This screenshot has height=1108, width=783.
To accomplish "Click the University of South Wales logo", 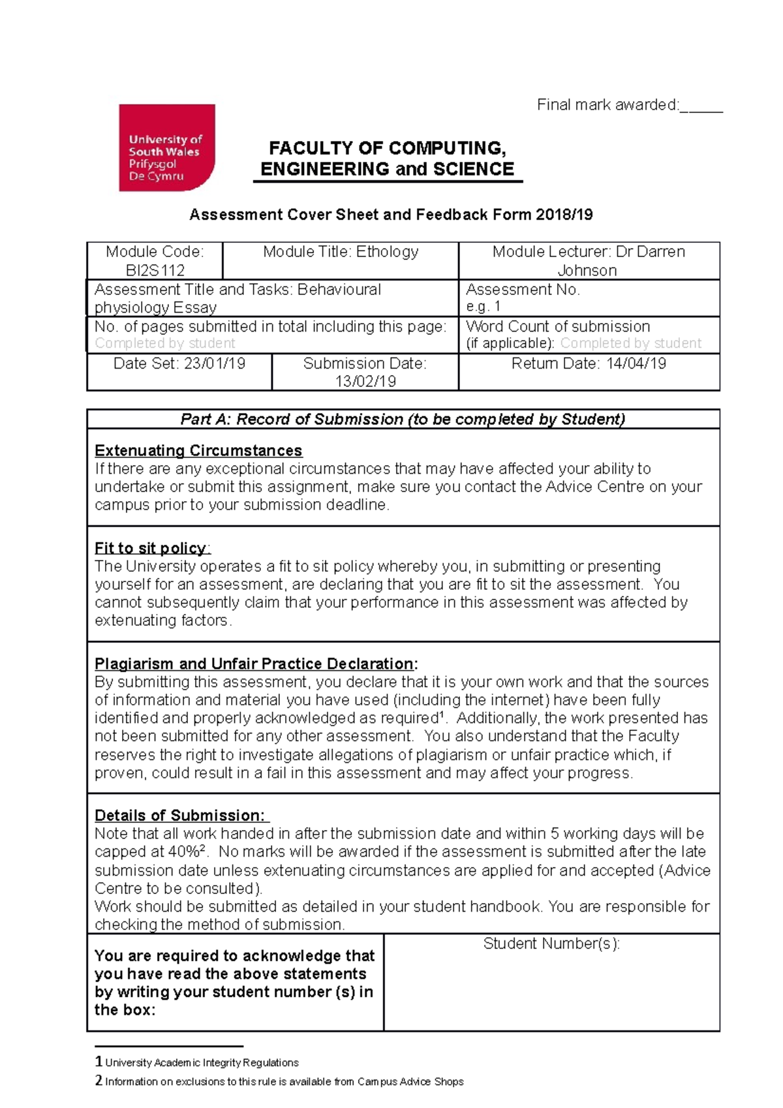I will pos(166,147).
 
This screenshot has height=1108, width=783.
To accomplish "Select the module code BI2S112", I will pos(155,270).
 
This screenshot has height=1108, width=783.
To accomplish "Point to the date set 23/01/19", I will pos(215,363).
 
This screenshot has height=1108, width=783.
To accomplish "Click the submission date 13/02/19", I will pos(365,382).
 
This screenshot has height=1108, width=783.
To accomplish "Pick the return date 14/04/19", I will pos(636,363).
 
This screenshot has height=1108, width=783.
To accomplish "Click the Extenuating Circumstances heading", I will pos(198,450).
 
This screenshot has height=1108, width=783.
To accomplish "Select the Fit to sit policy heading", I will pos(151,548).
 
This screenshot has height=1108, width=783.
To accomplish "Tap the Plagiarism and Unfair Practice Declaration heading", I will pos(254,664).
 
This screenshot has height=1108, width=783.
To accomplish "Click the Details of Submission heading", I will pos(179,815).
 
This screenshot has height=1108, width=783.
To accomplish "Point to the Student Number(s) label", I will pos(551,944).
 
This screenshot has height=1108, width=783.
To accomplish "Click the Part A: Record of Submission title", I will pos(403,419).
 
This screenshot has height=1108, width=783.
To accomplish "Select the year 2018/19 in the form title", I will pos(564,215).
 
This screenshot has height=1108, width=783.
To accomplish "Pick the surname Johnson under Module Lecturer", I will pos(587,270).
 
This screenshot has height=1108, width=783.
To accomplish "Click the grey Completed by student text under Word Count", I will pos(631,343).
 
